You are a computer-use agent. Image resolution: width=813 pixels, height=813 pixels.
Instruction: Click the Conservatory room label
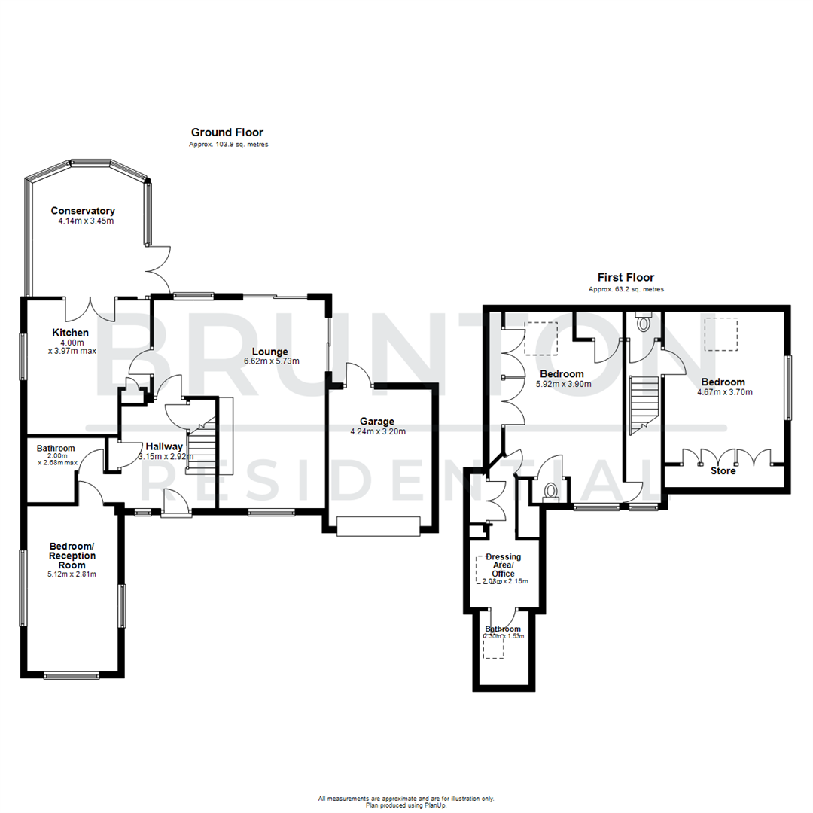(83, 211)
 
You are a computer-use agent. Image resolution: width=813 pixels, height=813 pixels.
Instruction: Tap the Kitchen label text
(71, 333)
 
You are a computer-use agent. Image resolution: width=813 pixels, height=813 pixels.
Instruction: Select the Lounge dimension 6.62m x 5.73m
(271, 361)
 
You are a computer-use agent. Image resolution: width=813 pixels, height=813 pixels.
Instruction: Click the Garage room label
(377, 422)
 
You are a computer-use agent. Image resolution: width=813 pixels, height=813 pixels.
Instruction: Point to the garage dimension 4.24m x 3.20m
(377, 432)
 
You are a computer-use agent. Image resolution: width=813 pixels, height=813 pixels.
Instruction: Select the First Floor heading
(626, 277)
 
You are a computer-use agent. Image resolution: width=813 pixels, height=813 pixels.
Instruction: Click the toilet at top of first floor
(643, 322)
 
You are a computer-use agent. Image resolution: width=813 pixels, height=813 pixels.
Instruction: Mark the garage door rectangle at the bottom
(378, 526)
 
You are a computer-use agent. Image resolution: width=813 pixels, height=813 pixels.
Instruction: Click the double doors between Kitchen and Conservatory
(90, 307)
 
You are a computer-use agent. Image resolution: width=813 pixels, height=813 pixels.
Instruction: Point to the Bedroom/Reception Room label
(72, 556)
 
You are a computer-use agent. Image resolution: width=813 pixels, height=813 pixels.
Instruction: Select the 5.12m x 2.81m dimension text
(72, 574)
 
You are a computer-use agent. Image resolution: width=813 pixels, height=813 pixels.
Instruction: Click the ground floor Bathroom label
(56, 448)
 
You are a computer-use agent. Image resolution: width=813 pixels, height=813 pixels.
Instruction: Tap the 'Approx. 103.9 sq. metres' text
(228, 145)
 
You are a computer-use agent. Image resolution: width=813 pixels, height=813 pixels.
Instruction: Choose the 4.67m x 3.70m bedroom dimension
(725, 392)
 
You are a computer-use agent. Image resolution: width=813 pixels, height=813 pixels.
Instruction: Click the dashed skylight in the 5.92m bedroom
(541, 338)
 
